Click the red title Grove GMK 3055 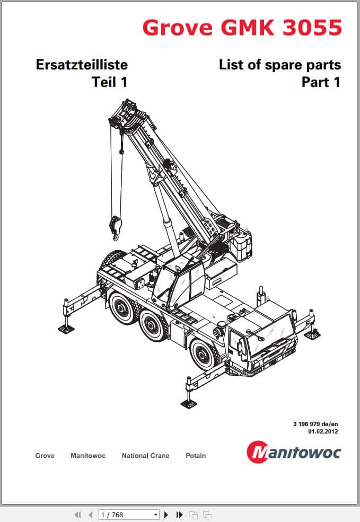click(242, 28)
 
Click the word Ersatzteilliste click(82, 65)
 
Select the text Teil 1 click(110, 82)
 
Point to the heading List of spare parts click(280, 65)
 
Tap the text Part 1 click(321, 82)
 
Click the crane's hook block click(116, 227)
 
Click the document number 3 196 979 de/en click(315, 424)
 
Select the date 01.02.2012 click(323, 431)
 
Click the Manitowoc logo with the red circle click(294, 452)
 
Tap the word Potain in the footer click(196, 455)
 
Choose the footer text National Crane click(145, 455)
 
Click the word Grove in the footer click(45, 455)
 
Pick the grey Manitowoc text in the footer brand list click(88, 455)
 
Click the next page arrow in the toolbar click(166, 515)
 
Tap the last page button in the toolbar click(179, 515)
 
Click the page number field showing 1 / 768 click(128, 515)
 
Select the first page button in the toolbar click(77, 515)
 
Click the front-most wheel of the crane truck click(203, 353)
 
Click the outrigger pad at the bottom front click(189, 404)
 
